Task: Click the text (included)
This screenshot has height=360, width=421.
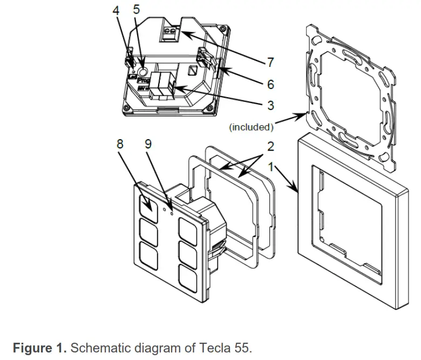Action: (252, 127)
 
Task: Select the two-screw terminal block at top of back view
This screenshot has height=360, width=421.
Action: (170, 35)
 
